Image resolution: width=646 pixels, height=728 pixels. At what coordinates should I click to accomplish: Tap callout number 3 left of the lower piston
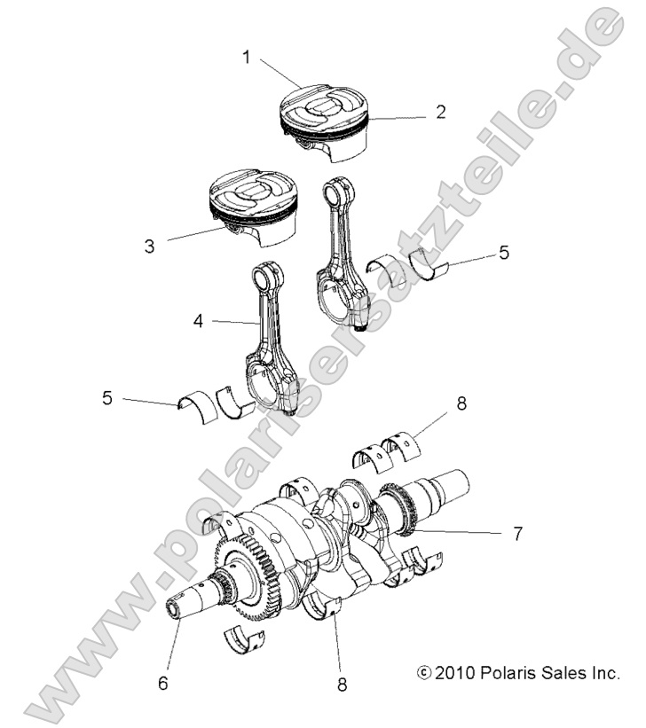[150, 245]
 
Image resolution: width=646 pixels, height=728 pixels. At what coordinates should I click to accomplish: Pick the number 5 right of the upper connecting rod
[503, 253]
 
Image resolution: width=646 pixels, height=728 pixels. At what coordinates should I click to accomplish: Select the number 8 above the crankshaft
[461, 404]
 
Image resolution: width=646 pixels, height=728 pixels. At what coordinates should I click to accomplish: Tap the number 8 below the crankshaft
[342, 684]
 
